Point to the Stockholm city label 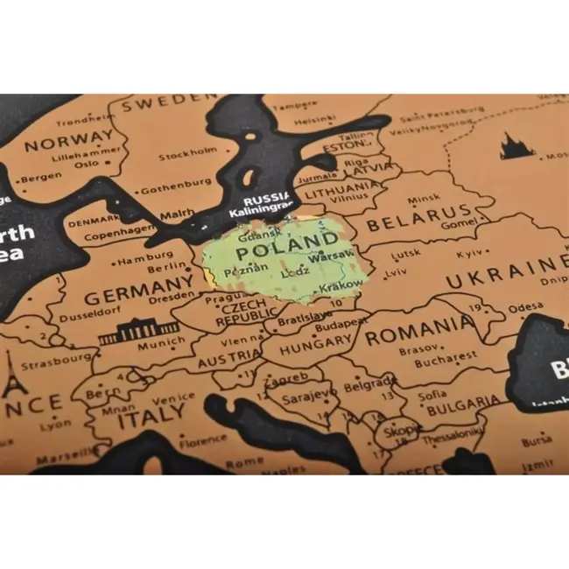pos(187,157)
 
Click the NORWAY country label pos(68,141)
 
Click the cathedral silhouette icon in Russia pos(516,146)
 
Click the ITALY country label pos(139,419)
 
